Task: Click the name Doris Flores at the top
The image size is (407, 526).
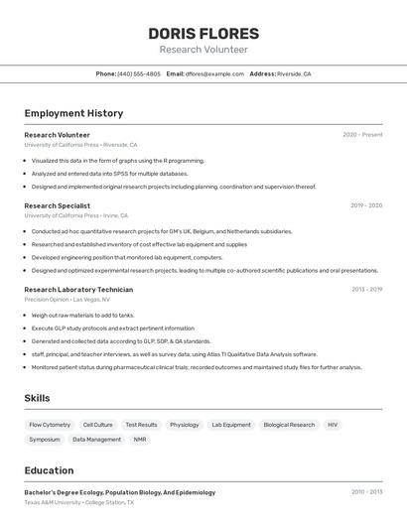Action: tap(203, 33)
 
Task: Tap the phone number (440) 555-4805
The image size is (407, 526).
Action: tap(139, 73)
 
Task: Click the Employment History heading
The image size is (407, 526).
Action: tap(73, 113)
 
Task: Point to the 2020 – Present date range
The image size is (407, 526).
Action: tap(362, 135)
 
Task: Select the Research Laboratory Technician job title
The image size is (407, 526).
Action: tap(78, 290)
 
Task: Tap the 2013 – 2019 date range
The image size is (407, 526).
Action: tap(366, 290)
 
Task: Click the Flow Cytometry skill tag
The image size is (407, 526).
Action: tap(50, 425)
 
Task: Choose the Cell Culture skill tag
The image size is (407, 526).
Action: tap(97, 425)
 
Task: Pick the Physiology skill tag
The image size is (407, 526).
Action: tap(184, 425)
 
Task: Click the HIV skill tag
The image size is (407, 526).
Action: tap(333, 425)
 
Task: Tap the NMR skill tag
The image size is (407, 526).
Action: tap(140, 439)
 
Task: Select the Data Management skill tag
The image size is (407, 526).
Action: tap(96, 439)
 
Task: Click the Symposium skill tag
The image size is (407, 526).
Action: tap(45, 439)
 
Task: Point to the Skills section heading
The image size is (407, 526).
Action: tap(38, 398)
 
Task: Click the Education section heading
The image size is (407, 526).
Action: tap(49, 470)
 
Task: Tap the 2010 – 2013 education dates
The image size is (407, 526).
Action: tap(366, 491)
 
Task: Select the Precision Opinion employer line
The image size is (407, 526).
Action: tap(67, 299)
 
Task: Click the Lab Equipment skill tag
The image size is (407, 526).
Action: tap(231, 425)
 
